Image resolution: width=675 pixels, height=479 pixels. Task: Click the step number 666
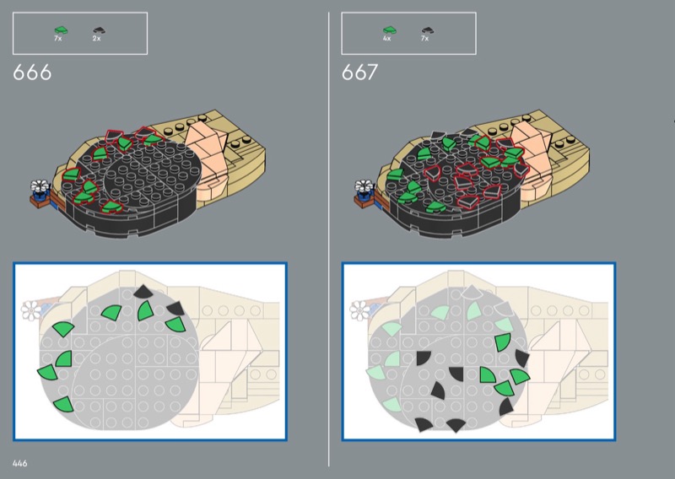tap(32, 73)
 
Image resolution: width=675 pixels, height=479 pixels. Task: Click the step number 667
tap(360, 73)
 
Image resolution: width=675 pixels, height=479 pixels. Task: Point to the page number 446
tap(19, 463)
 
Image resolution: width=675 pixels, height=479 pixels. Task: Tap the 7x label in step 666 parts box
tap(58, 38)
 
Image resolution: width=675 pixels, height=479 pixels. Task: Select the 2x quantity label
tap(96, 38)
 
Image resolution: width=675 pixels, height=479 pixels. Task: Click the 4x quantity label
tap(386, 38)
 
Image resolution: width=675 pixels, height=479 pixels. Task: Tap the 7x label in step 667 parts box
tap(425, 38)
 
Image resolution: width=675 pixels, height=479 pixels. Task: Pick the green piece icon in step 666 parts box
tap(61, 30)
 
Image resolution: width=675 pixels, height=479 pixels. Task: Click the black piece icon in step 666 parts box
tap(99, 30)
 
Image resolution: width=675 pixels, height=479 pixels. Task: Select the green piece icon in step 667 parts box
tap(390, 30)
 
